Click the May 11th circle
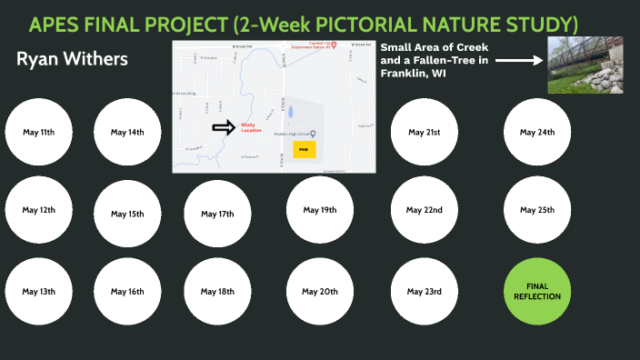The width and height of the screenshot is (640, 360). pos(39,133)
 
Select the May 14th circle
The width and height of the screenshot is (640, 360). pos(127,133)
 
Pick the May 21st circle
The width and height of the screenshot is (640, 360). pos(425,133)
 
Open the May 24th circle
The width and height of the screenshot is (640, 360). pos(537,133)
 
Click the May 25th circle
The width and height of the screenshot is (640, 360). pos(537,210)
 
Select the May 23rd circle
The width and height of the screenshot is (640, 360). pos(425,292)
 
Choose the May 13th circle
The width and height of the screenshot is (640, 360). pos(39,292)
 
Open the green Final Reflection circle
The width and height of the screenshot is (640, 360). pos(537,292)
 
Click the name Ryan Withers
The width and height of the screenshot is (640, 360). pos(72,60)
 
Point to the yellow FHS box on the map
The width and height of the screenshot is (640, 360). pos(304,147)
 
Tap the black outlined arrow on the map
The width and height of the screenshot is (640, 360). pos(223,127)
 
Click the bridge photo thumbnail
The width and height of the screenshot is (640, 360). pos(585,65)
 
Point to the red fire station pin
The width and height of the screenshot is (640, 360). pos(334,44)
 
